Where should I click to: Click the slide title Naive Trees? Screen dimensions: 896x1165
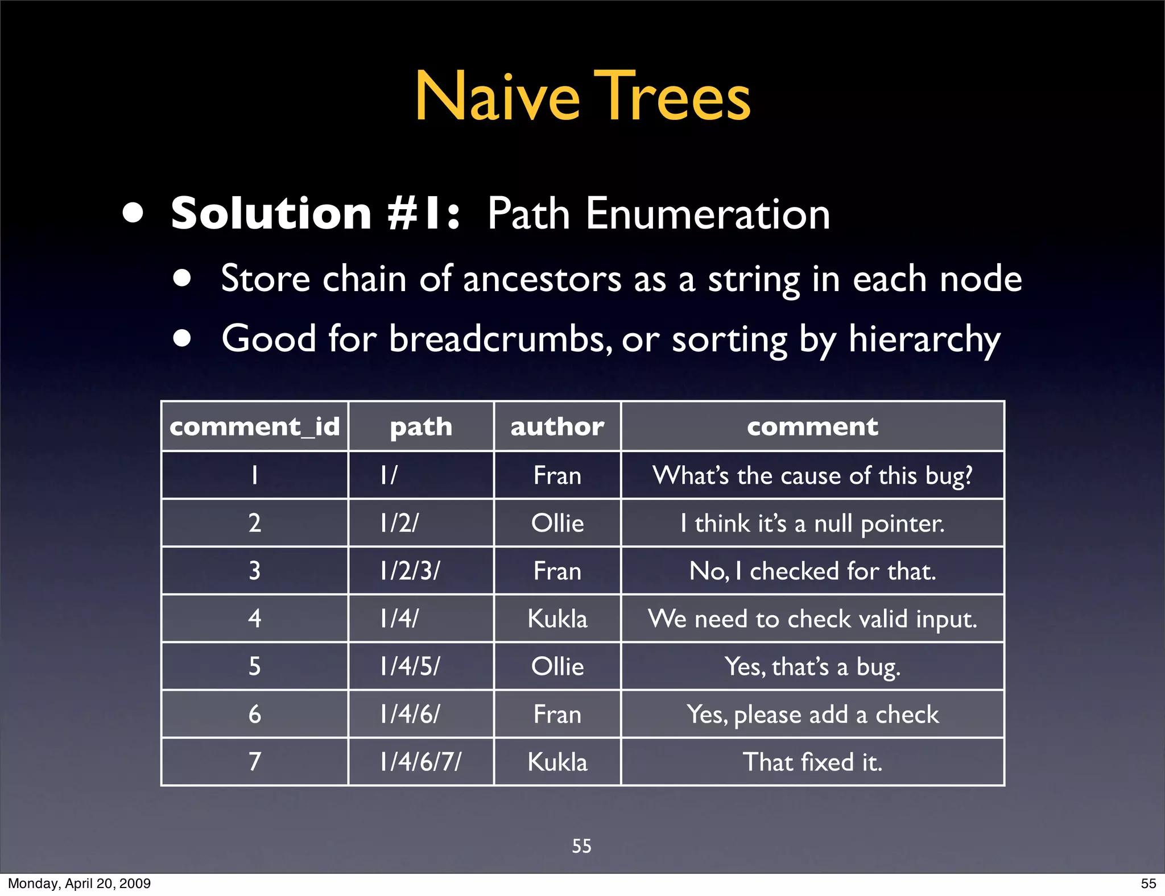click(582, 97)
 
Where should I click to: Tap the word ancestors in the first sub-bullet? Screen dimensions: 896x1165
click(542, 279)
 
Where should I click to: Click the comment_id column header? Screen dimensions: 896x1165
click(254, 427)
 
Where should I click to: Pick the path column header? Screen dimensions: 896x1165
click(421, 427)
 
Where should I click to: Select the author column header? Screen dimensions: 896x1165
click(557, 427)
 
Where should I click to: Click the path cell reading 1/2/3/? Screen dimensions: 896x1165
click(410, 571)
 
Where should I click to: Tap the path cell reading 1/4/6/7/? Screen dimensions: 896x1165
click(420, 762)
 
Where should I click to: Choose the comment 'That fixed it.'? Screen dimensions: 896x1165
click(812, 762)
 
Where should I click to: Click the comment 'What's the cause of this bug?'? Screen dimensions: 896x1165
click(812, 475)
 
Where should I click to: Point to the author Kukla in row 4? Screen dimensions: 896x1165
click(557, 619)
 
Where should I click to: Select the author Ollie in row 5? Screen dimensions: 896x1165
click(557, 666)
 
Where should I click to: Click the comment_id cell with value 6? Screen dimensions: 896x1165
click(254, 714)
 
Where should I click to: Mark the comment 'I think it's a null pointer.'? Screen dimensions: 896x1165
click(812, 523)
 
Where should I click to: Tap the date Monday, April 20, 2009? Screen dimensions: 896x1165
click(79, 883)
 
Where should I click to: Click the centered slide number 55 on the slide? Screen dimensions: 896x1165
click(581, 846)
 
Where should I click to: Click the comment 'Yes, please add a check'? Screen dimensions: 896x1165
click(812, 714)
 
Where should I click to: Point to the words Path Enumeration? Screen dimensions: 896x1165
click(658, 214)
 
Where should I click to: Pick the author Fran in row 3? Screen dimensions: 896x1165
click(557, 571)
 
